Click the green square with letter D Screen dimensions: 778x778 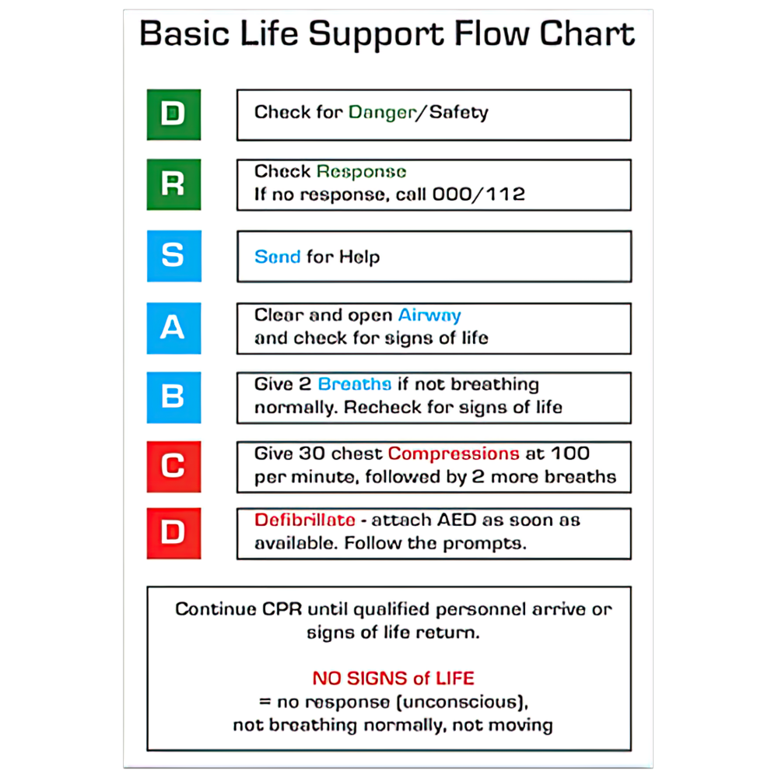(173, 114)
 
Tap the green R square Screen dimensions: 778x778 (173, 184)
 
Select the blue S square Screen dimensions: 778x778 (173, 256)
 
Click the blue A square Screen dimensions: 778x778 (173, 328)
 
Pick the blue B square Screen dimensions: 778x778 (173, 397)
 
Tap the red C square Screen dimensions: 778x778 (173, 466)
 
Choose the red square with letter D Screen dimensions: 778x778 (173, 533)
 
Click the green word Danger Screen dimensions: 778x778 (382, 112)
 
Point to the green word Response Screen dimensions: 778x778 (361, 171)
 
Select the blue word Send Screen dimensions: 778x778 (277, 257)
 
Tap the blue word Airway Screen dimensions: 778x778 (429, 315)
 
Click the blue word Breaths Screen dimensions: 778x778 (354, 384)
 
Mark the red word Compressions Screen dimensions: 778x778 (454, 454)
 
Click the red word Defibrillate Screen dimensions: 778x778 (305, 520)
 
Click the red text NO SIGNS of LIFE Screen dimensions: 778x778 (393, 678)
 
